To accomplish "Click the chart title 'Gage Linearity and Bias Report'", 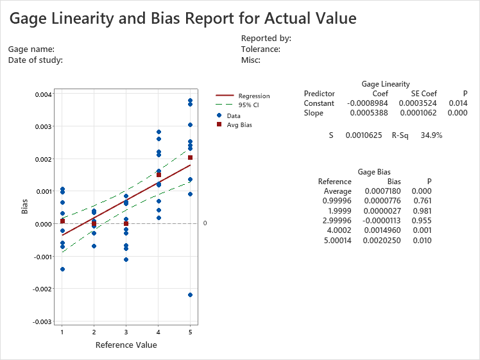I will click(x=182, y=19).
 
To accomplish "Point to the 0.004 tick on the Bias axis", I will click(x=43, y=94).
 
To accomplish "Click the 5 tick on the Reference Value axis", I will click(x=190, y=332).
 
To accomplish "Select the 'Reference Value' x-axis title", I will click(x=126, y=345).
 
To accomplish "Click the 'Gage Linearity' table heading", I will click(x=386, y=84).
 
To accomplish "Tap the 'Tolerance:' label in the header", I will click(x=261, y=49).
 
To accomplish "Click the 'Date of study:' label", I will click(x=35, y=60).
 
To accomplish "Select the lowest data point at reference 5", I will click(x=190, y=295).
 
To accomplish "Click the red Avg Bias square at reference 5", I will click(x=190, y=158).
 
